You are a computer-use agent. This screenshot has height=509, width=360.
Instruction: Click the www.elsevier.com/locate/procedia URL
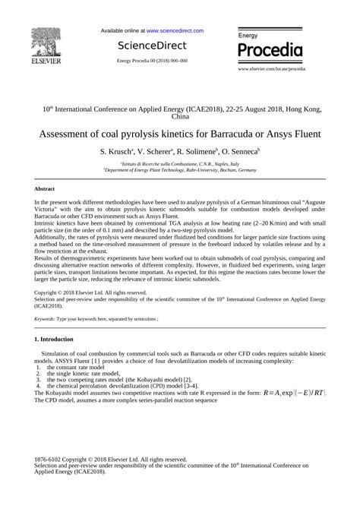271,68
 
